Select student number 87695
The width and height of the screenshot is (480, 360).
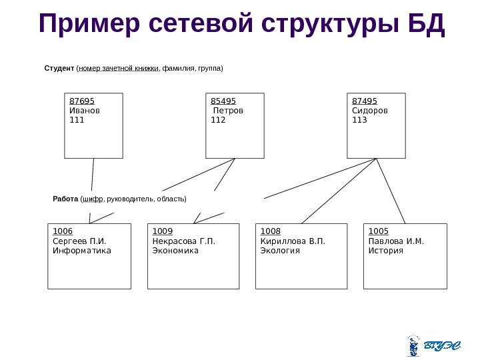[82, 101]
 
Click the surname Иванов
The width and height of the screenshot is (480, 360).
[85, 111]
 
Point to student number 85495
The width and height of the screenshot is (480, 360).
[223, 101]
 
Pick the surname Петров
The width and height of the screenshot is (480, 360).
[228, 111]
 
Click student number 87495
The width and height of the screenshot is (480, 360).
[364, 101]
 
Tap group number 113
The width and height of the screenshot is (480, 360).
[359, 120]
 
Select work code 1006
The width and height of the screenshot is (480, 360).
[62, 231]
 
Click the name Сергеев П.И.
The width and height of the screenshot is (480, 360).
[79, 241]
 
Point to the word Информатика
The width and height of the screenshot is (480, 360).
[82, 251]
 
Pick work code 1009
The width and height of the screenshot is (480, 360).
[163, 231]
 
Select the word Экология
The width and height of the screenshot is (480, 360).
[280, 251]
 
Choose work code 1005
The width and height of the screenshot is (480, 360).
[378, 231]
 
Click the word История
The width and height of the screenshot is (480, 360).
[386, 251]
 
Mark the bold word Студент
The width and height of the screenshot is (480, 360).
[59, 68]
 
